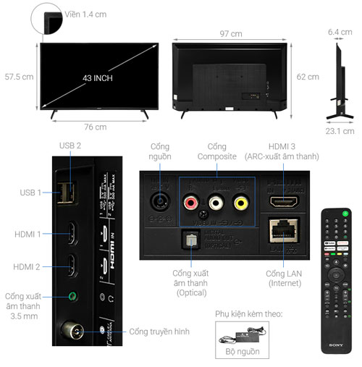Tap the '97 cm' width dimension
click(232, 33)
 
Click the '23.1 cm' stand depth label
click(339, 131)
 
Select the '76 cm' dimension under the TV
click(95, 127)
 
